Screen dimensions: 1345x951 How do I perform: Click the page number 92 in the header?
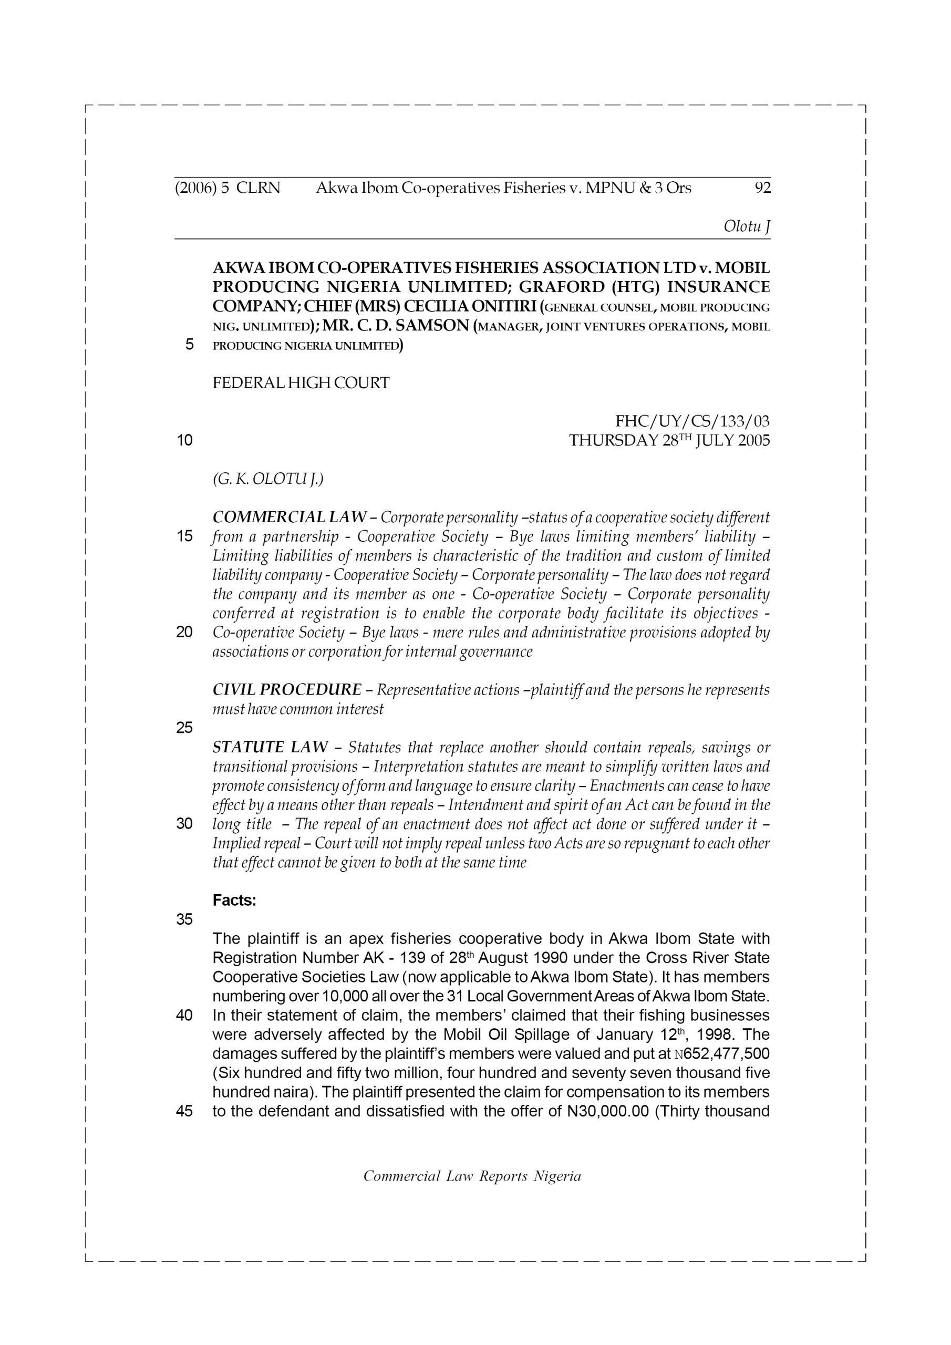point(762,188)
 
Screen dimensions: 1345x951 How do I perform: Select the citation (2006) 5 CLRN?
point(228,188)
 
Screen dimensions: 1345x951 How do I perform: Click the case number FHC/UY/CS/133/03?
point(692,421)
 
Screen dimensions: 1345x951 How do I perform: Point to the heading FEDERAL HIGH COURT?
point(301,383)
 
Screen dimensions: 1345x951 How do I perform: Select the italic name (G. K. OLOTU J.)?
point(268,479)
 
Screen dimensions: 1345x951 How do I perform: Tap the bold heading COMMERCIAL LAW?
point(290,518)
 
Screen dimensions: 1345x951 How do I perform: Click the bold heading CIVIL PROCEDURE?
point(286,689)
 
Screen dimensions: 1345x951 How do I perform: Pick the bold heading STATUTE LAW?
point(270,748)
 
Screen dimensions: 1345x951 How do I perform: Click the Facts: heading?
point(234,901)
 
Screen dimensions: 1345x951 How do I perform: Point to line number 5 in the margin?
point(189,345)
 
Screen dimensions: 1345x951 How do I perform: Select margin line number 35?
point(184,920)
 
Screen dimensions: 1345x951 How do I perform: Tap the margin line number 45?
point(184,1111)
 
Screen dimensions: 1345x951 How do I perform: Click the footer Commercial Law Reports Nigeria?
point(472,1176)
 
